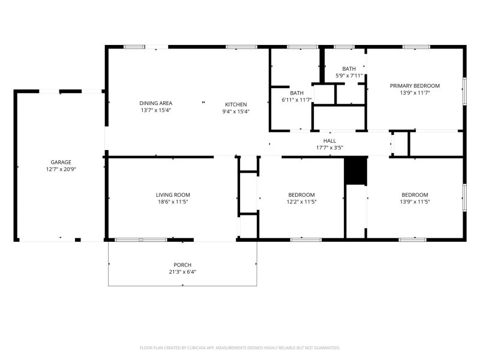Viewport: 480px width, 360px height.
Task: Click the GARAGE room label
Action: point(61,162)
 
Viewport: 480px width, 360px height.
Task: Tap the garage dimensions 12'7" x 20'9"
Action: point(61,169)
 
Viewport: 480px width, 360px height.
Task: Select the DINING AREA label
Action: point(155,103)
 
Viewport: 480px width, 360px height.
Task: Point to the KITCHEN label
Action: point(236,104)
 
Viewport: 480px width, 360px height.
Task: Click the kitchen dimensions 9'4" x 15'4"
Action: point(236,111)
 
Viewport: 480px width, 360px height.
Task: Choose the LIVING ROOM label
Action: point(173,194)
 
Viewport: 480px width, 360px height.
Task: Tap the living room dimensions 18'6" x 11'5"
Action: point(173,202)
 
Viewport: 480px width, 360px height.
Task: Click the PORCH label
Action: point(182,265)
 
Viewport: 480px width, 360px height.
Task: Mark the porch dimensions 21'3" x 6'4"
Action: point(182,272)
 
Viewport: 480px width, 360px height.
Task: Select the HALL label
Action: point(329,140)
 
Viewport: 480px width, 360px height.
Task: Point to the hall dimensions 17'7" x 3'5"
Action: point(329,148)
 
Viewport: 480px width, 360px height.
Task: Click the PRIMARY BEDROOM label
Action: point(415,86)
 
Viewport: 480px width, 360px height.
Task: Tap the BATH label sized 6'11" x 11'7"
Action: point(297,93)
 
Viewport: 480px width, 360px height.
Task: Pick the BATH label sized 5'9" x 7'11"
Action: point(349,68)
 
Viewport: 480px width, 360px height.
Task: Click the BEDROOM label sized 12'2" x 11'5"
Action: point(301,194)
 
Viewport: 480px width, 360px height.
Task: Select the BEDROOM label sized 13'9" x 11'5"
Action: point(415,194)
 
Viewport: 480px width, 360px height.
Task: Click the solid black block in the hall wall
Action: point(355,171)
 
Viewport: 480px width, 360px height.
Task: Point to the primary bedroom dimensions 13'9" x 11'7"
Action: point(415,93)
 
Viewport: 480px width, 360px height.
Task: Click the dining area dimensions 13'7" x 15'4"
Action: point(155,110)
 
